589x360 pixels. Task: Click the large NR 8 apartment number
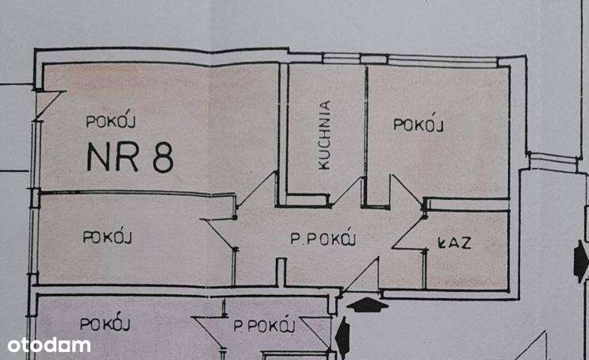pos(130,157)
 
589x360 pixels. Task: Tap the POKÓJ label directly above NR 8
pos(112,121)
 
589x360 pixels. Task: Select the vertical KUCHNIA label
pos(324,136)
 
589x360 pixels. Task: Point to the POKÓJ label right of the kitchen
pos(418,124)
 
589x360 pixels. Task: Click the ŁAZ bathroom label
pos(455,243)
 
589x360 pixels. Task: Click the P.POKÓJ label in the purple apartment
pos(265,325)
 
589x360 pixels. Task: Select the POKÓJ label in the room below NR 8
pos(107,236)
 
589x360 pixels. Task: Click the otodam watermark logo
pos(49,345)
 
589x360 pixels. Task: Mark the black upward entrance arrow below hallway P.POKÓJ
pos(367,303)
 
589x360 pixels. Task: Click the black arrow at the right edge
pos(581,262)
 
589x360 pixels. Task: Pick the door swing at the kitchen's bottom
pos(347,193)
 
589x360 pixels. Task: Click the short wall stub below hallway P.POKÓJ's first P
pos(281,272)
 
